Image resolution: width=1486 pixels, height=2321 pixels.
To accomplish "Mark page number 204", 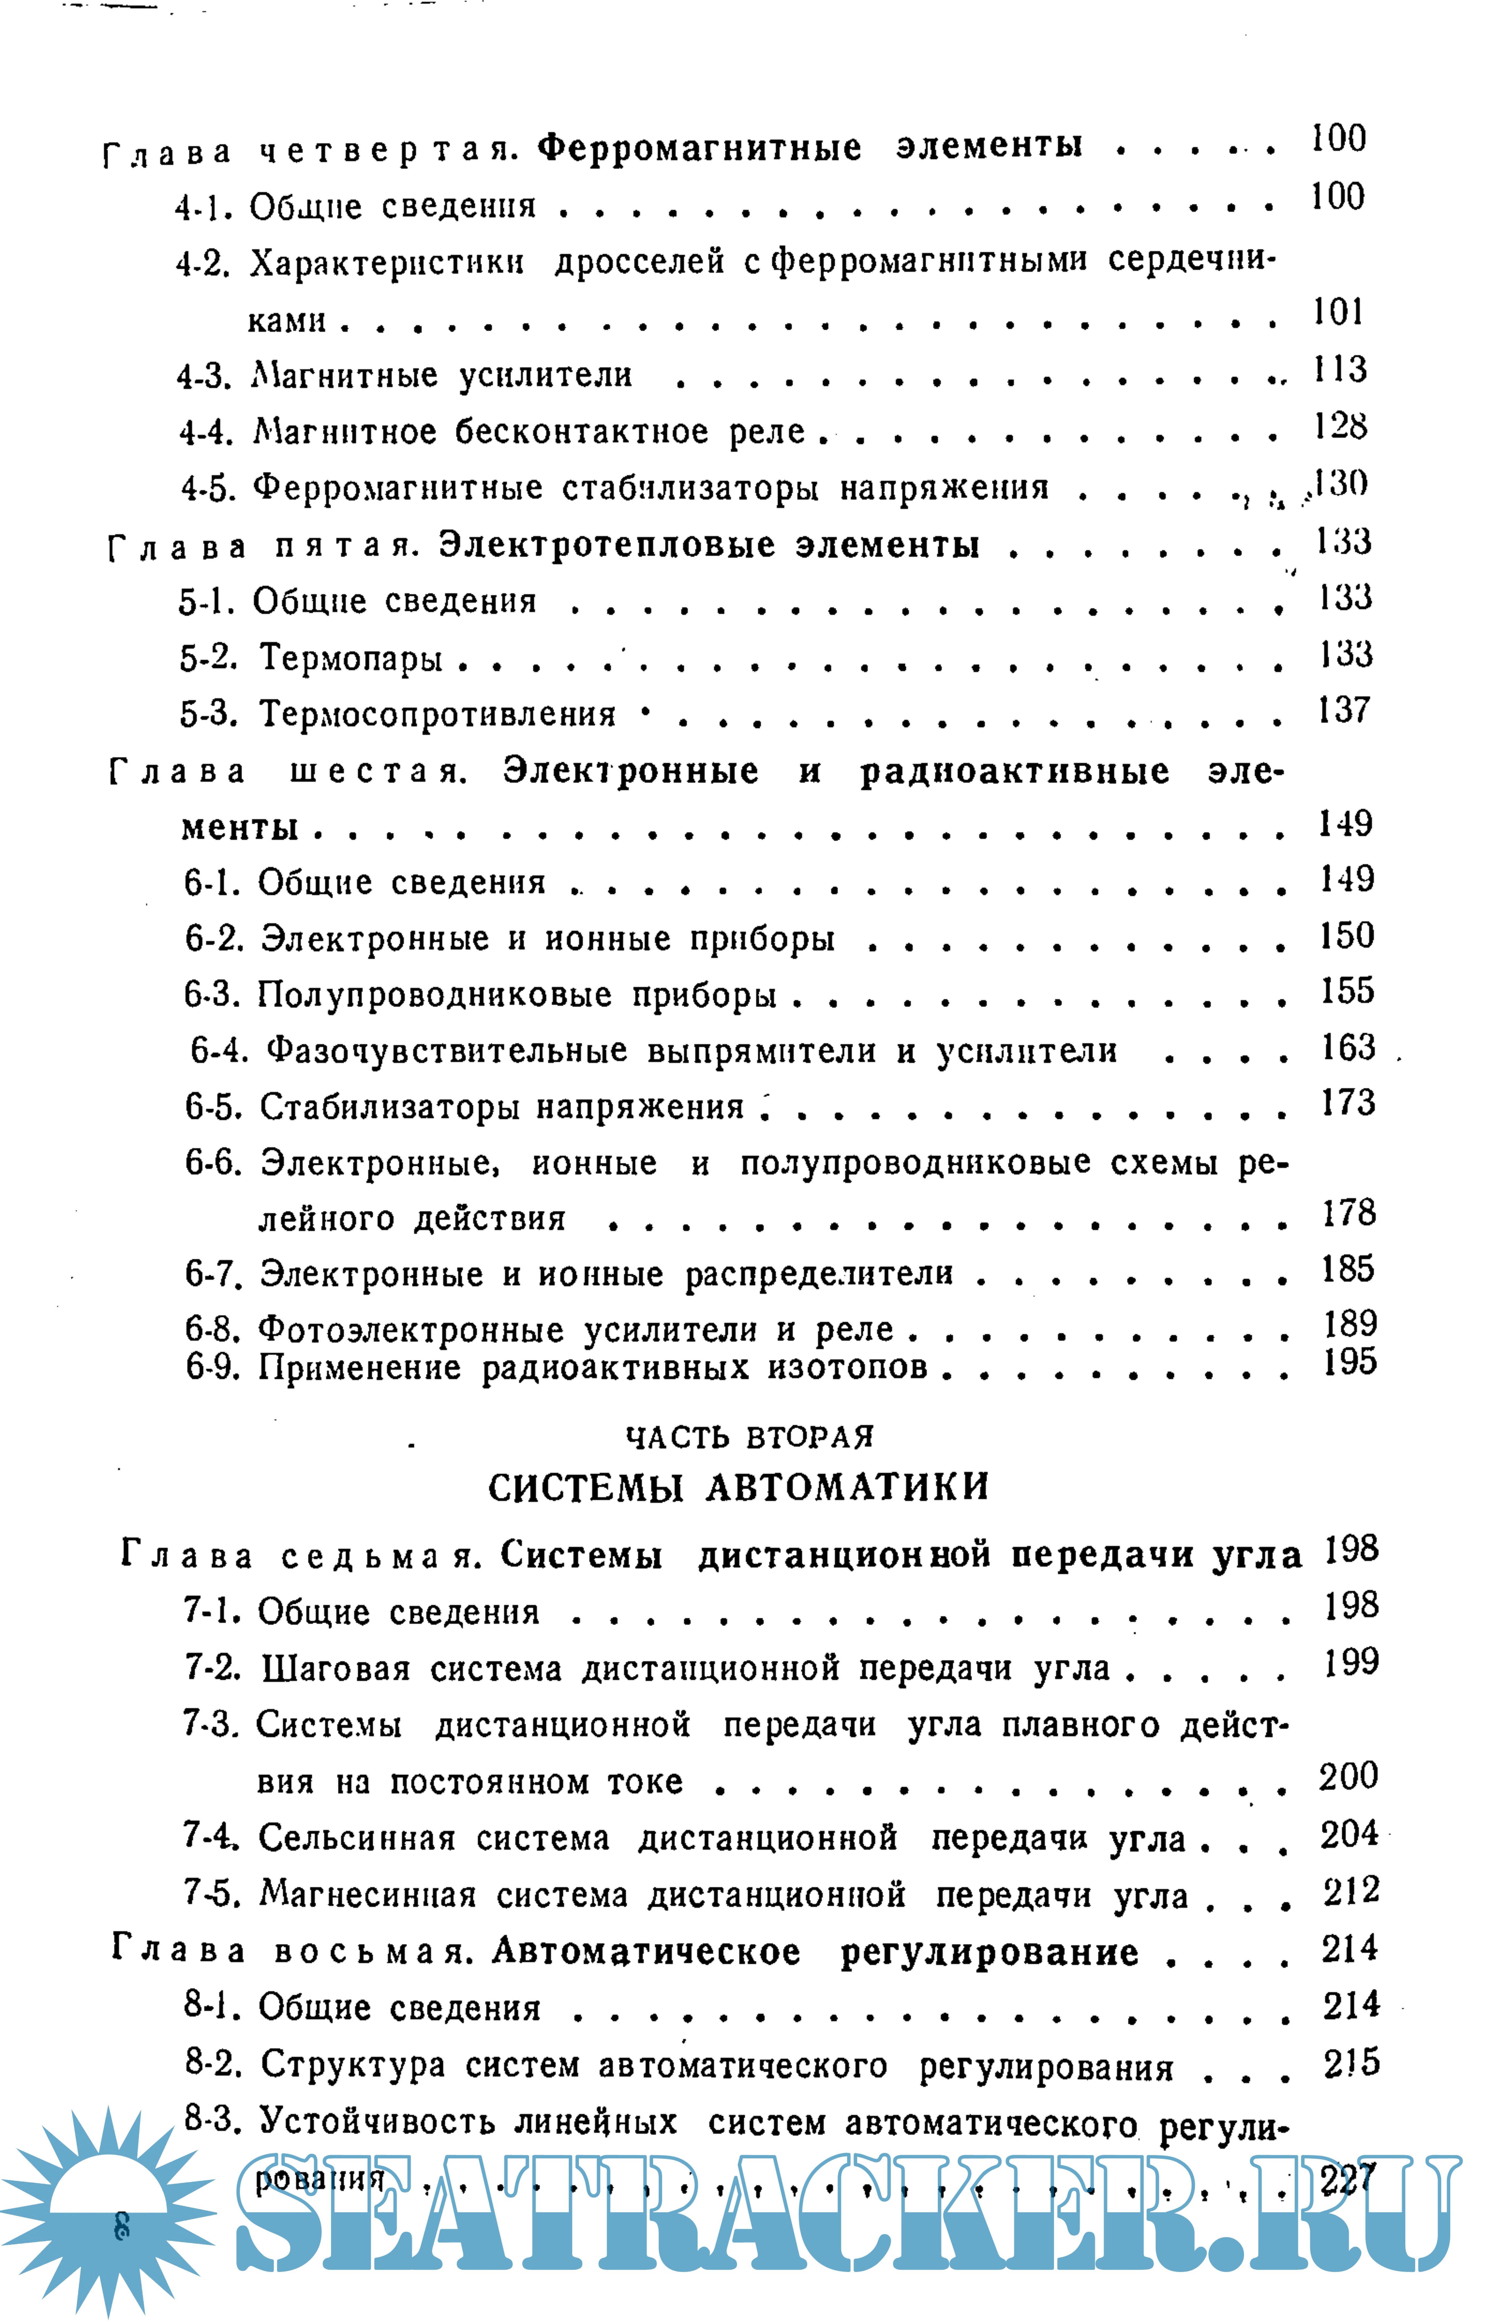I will pos(1349,1834).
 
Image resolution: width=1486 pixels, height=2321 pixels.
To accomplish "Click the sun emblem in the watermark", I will pos(108,2210).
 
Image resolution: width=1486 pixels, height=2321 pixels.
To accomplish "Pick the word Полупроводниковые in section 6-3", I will pos(434,995).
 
